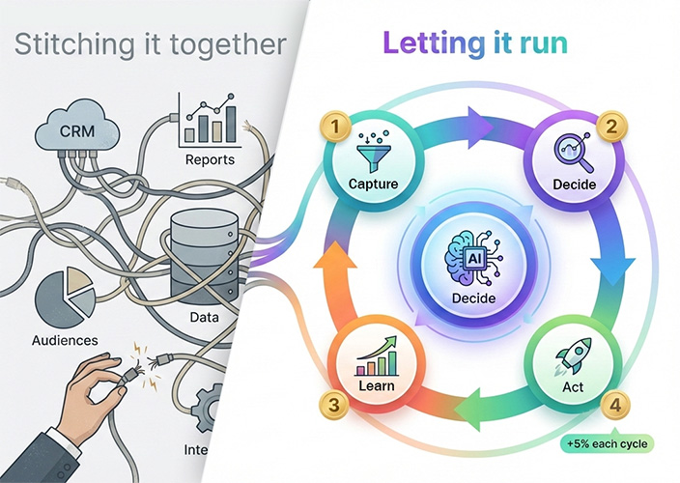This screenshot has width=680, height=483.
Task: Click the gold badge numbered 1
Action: pos(335,127)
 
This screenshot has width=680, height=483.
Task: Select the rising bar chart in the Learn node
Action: pos(378,359)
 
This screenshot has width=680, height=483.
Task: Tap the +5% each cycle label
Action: pos(608,444)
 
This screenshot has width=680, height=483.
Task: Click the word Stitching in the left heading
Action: pos(76,45)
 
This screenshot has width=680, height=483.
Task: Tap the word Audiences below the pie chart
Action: pos(65,340)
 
